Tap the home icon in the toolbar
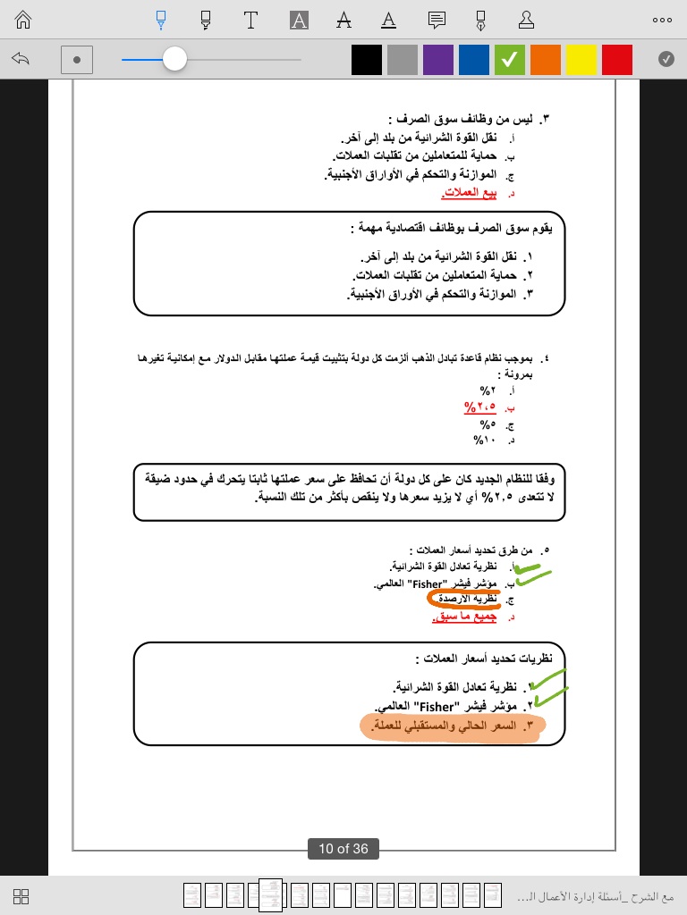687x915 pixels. [23, 20]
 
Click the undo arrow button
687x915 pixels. [21, 59]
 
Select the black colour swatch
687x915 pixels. [367, 60]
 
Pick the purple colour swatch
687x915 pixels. [438, 60]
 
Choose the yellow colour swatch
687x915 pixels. [581, 60]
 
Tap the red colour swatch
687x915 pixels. [617, 60]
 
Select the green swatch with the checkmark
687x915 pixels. [510, 60]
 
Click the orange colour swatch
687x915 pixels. [546, 60]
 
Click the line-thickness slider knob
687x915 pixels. [174, 60]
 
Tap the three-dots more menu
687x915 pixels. [662, 20]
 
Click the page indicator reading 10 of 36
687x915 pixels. [343, 849]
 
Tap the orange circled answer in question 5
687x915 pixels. [462, 600]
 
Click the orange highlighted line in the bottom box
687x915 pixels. [452, 726]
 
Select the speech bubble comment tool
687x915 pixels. [437, 20]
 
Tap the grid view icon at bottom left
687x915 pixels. [22, 896]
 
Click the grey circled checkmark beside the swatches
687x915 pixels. [666, 59]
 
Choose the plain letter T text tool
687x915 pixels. [251, 20]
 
